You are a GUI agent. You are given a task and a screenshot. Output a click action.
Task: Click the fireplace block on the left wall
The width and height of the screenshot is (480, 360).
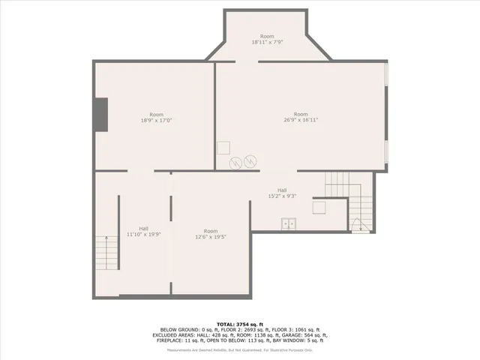[x=100, y=114]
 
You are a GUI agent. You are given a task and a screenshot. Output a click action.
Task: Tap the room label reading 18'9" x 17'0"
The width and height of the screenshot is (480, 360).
[x=156, y=120]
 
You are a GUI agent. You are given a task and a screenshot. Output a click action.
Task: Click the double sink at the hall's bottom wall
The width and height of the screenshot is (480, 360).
[x=289, y=223]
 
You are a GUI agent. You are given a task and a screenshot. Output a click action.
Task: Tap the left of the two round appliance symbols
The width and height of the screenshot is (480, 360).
[x=235, y=161]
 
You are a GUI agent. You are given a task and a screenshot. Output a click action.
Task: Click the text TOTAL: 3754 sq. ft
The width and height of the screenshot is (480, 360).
[x=240, y=324]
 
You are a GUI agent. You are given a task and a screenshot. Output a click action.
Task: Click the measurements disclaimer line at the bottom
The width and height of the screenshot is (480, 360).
[x=240, y=349]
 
